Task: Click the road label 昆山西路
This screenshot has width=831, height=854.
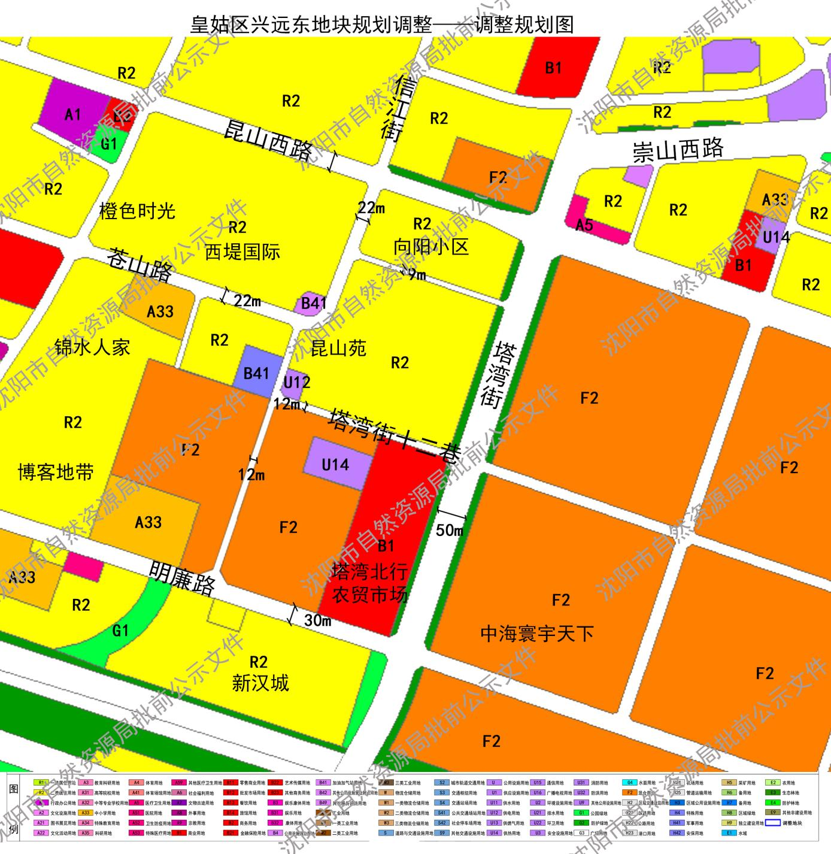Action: (268, 140)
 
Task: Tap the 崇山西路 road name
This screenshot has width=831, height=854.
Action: (678, 150)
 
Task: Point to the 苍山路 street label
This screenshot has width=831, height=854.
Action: (140, 265)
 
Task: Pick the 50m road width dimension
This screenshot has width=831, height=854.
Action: (450, 530)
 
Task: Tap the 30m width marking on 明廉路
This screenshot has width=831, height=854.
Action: (317, 620)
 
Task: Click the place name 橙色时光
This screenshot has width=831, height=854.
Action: (137, 211)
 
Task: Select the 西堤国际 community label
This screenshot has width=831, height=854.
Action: (242, 252)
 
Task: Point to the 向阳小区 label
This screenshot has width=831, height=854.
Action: (430, 247)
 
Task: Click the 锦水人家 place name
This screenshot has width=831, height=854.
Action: (92, 347)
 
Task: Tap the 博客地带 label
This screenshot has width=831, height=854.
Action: (56, 473)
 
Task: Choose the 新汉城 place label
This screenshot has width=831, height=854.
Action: (260, 683)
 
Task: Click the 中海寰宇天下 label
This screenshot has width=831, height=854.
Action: (537, 634)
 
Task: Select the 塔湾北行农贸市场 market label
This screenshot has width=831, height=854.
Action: (370, 583)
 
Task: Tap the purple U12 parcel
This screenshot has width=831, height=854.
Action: (296, 382)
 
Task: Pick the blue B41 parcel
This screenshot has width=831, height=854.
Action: (256, 373)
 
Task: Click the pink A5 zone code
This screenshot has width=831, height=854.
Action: (584, 225)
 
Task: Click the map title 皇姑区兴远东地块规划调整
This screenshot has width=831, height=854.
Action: (311, 25)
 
